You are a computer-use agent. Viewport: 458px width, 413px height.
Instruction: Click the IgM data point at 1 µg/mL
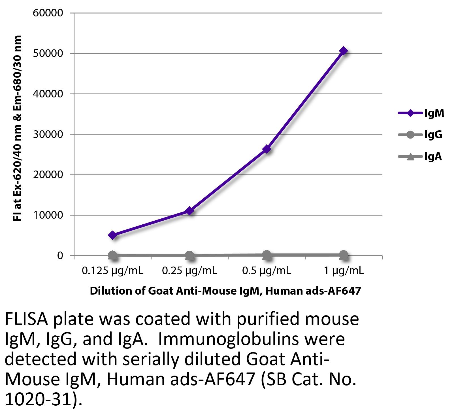pyautogui.click(x=344, y=51)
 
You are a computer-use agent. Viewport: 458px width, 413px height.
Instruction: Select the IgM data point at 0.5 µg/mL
pyautogui.click(x=267, y=149)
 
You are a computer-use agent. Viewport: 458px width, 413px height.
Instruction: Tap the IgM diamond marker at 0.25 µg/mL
pyautogui.click(x=189, y=211)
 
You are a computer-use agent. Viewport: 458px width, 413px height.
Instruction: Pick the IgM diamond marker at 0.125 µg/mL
pyautogui.click(x=112, y=235)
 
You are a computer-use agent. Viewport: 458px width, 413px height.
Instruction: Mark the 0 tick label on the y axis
pyautogui.click(x=60, y=256)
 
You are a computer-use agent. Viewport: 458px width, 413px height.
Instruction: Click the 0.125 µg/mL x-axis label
pyautogui.click(x=112, y=271)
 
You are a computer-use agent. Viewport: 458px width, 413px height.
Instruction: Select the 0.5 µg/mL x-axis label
pyautogui.click(x=267, y=271)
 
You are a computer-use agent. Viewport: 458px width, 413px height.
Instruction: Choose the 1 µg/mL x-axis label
pyautogui.click(x=344, y=271)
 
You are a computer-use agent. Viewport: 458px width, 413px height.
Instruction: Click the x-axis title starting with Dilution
pyautogui.click(x=225, y=291)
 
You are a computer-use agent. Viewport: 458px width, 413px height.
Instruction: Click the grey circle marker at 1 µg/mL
pyautogui.click(x=344, y=255)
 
